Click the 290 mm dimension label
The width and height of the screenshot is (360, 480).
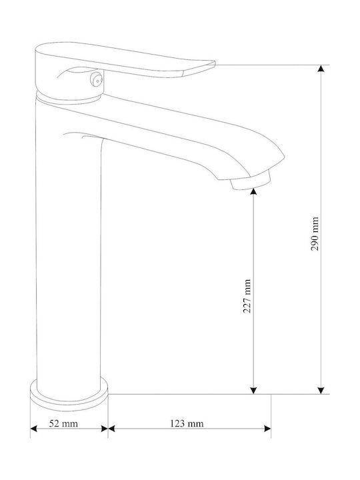(x=315, y=234)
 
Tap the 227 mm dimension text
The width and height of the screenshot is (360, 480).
(x=247, y=296)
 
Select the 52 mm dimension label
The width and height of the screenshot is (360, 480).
(x=63, y=423)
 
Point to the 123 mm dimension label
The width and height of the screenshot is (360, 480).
(x=187, y=423)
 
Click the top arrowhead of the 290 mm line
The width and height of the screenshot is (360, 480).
(x=321, y=68)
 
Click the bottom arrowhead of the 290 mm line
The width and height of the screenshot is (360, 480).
(x=321, y=391)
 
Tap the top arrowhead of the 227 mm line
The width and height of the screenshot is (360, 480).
(x=253, y=191)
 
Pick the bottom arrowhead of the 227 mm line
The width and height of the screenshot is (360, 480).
(x=253, y=391)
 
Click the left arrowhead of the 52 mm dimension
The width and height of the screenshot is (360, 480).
(x=34, y=429)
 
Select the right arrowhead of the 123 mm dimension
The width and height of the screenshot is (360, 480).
(x=267, y=429)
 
